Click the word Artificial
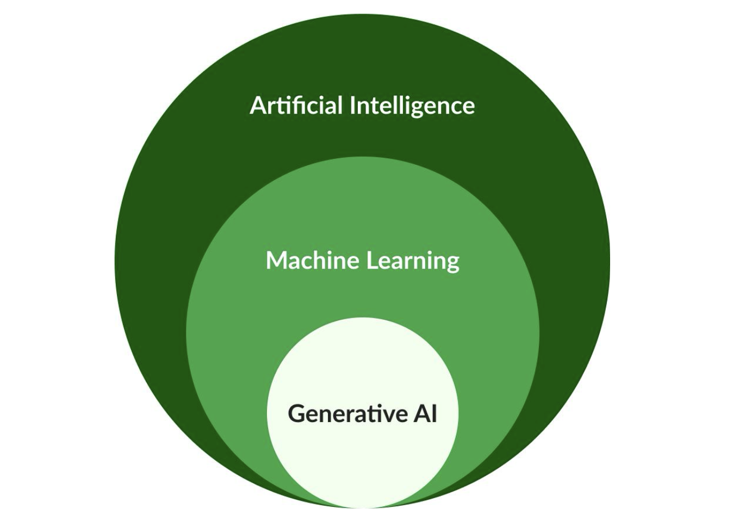pyautogui.click(x=296, y=105)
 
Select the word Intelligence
pyautogui.click(x=412, y=106)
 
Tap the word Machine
pyautogui.click(x=312, y=260)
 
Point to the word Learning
pyautogui.click(x=412, y=261)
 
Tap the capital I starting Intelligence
pyautogui.click(x=352, y=105)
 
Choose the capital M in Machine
pyautogui.click(x=276, y=260)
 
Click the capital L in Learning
pyautogui.click(x=371, y=260)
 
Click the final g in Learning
pyautogui.click(x=452, y=264)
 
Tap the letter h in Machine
pyautogui.click(x=319, y=260)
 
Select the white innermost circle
pyautogui.click(x=362, y=462)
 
